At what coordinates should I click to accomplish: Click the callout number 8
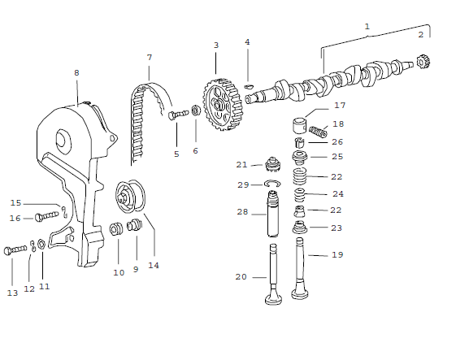tap(76, 72)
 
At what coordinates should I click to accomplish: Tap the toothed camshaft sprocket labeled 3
tap(218, 104)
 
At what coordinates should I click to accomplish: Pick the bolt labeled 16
tap(47, 217)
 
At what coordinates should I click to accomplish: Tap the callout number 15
tap(15, 203)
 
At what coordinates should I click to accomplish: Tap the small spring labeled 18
tap(319, 131)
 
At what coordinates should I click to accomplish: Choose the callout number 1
tap(367, 27)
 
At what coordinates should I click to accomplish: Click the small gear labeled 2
tap(422, 61)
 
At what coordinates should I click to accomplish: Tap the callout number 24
tap(339, 194)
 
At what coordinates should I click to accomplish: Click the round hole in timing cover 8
tap(59, 141)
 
